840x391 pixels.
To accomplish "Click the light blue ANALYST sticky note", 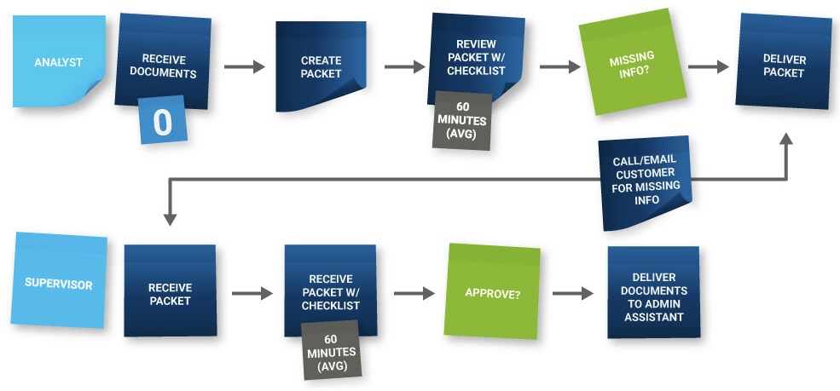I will [58, 62].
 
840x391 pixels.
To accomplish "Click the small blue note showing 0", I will [162, 122].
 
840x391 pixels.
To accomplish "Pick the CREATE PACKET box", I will [321, 66].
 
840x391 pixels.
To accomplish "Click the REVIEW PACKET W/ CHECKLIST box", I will [476, 57].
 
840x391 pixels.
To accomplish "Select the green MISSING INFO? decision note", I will [631, 63].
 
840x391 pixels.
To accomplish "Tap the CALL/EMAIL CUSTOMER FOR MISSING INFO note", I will [644, 180].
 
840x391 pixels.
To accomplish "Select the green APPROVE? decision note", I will [493, 292].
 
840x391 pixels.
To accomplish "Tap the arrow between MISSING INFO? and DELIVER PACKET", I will [708, 66].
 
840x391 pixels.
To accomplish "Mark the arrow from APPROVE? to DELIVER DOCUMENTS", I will [572, 293].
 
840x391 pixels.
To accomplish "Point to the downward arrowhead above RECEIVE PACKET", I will [170, 218].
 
